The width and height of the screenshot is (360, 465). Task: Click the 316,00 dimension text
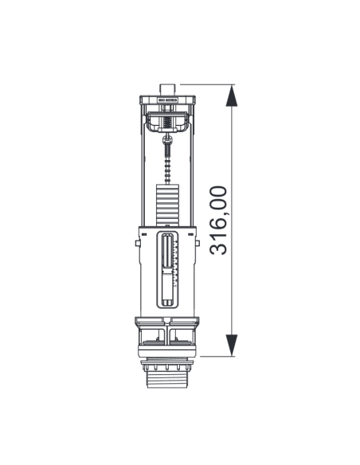pos(217,220)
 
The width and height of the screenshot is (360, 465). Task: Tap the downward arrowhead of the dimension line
pos(231,345)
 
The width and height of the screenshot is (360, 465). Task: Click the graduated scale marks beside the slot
pos(175,267)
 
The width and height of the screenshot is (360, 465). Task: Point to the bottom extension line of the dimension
pos(211,358)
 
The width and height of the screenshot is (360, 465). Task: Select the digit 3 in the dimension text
pos(217,248)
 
